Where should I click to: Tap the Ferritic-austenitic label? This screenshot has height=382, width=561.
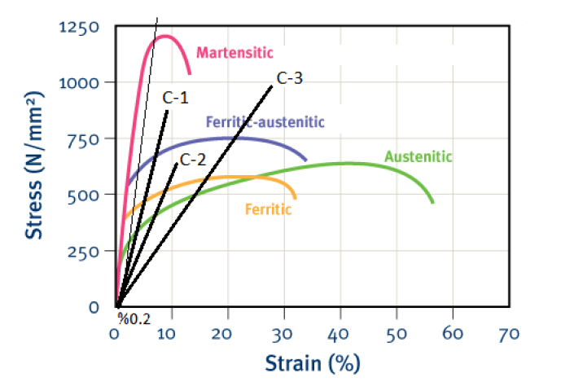click(265, 122)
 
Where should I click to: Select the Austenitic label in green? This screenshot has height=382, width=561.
click(418, 156)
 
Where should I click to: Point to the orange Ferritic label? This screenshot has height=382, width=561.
click(268, 209)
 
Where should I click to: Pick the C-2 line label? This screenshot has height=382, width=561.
click(192, 159)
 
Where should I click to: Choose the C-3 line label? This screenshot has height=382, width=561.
click(290, 79)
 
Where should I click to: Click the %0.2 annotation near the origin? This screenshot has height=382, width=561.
click(134, 318)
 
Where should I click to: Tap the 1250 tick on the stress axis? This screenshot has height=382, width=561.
click(79, 28)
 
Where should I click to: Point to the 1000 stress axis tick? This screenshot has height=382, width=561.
click(79, 83)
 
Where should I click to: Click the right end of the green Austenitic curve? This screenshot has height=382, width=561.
click(432, 201)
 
